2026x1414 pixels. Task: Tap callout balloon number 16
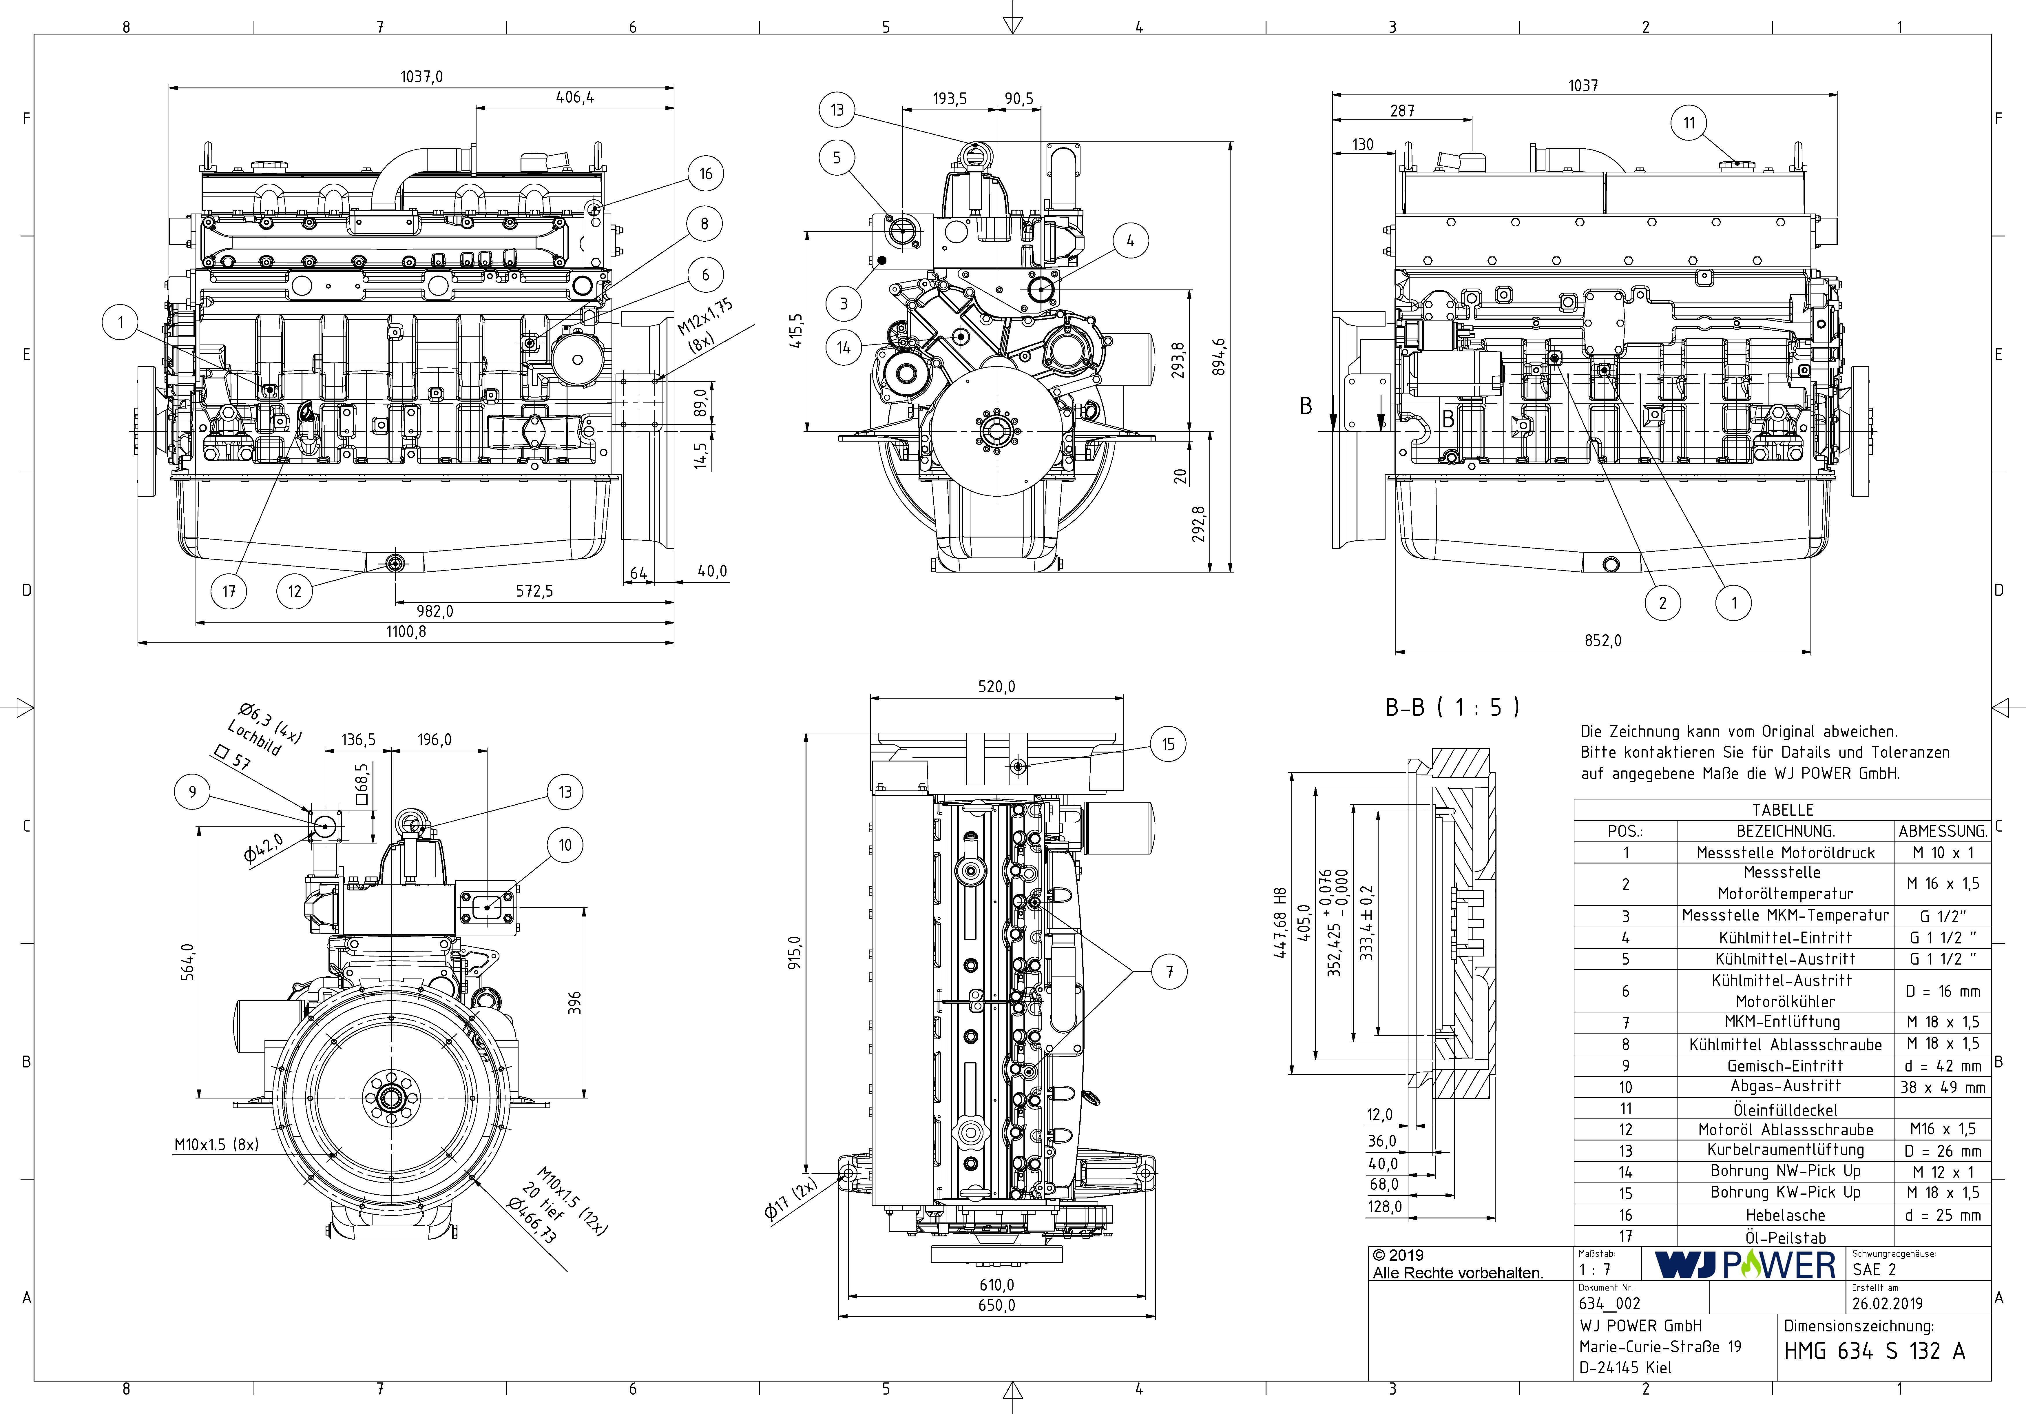pos(706,174)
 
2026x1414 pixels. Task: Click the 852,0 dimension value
pos(1602,641)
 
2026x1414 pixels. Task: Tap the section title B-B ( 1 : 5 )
pos(1452,707)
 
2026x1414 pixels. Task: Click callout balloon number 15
pos(1168,744)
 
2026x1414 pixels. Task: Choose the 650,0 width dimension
pos(996,1305)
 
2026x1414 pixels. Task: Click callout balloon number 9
pos(192,792)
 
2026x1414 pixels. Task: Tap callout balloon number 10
pos(565,845)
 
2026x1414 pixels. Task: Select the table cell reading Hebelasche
pos(1785,1216)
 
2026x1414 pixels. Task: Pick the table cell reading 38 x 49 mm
pos(1942,1087)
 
